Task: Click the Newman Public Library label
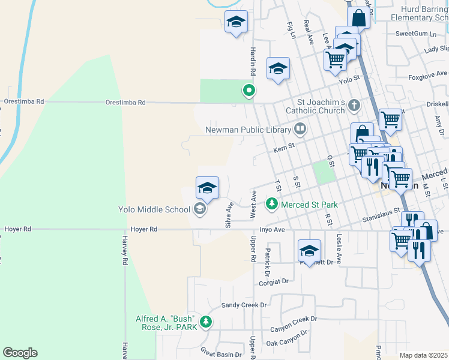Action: (247, 129)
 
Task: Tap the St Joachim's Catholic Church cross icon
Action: (354, 106)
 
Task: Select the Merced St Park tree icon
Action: (272, 205)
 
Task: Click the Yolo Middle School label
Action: (153, 209)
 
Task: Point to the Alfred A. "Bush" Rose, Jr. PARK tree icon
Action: (206, 323)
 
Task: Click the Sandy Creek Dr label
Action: (244, 305)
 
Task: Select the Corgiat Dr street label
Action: (274, 281)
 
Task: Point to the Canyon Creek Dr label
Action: (293, 325)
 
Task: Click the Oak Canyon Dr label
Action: (287, 338)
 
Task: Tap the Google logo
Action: (20, 353)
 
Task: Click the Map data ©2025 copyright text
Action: (423, 355)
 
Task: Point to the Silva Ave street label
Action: (229, 214)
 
